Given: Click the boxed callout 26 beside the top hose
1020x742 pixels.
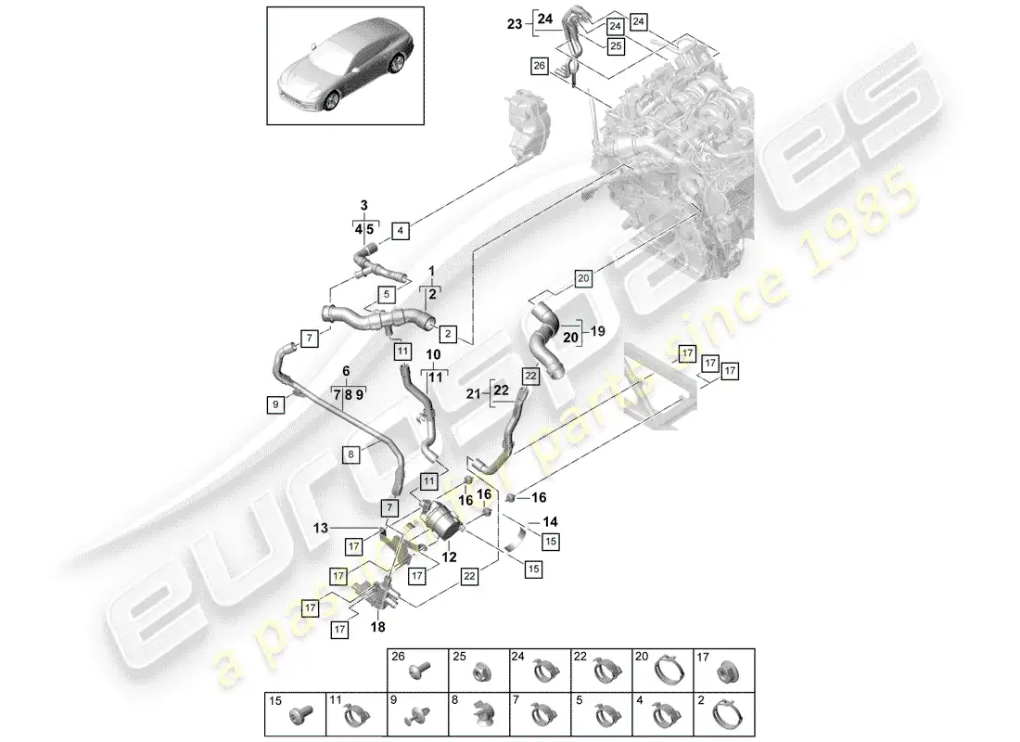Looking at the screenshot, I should point(540,65).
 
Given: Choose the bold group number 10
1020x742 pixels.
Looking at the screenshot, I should point(434,355).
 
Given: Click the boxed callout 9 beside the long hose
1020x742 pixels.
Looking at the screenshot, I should point(274,403).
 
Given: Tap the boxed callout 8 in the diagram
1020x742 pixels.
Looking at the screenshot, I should point(351,454).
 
